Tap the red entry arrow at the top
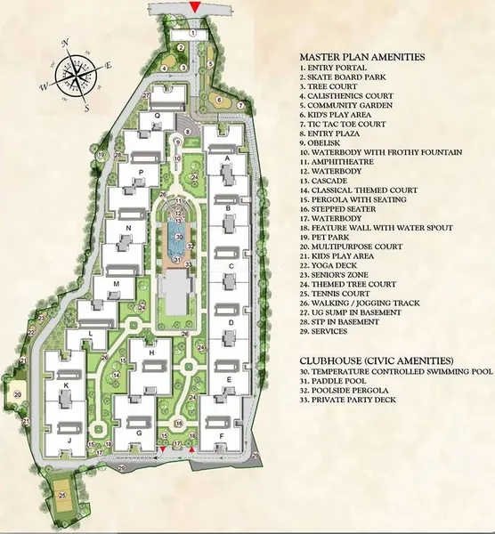point(195,8)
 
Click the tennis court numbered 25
point(61,495)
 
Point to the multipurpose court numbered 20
point(18,393)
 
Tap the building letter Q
point(157,115)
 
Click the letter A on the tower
point(228,158)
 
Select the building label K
point(66,384)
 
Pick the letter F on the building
point(219,435)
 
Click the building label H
point(152,353)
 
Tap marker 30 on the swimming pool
point(178,237)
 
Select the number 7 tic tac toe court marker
point(240,105)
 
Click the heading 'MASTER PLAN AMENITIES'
point(362,56)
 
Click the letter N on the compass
point(65,41)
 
